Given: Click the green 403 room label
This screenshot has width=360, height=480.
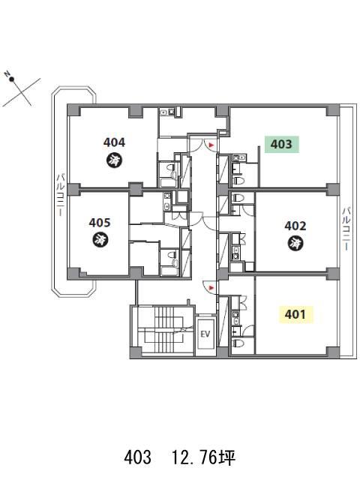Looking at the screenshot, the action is point(282,144).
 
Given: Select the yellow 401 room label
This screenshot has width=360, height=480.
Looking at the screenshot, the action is point(295,314).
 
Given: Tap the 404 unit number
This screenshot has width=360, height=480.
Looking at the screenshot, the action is point(114,142).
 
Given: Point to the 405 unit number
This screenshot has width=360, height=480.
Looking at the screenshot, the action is point(100,223).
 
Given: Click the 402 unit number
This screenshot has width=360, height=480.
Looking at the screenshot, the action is point(295,226).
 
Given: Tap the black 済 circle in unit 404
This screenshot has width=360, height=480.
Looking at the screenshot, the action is point(114,160).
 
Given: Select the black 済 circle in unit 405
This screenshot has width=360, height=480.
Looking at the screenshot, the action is point(100,240).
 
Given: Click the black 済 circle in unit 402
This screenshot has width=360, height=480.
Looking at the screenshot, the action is point(295,244).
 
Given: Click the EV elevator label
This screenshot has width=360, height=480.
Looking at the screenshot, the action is point(205,334).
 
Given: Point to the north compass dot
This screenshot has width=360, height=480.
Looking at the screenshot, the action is point(12,79).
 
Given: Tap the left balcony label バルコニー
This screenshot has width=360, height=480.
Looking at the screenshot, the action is point(60,195).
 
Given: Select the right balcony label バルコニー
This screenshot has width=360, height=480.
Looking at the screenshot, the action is point(346,229).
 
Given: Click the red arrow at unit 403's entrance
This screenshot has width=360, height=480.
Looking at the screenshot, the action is point(211,145).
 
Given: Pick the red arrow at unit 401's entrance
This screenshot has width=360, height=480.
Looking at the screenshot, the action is point(211,288).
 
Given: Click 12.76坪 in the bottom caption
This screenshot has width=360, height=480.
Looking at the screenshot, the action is point(203,458).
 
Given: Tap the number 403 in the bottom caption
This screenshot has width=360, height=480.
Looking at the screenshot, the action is point(138,458).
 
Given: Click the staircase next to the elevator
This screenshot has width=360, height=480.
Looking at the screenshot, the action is point(166,331).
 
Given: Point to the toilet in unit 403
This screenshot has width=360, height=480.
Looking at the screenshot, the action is point(238,180).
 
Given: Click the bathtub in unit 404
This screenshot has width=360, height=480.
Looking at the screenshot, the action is point(168,183).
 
